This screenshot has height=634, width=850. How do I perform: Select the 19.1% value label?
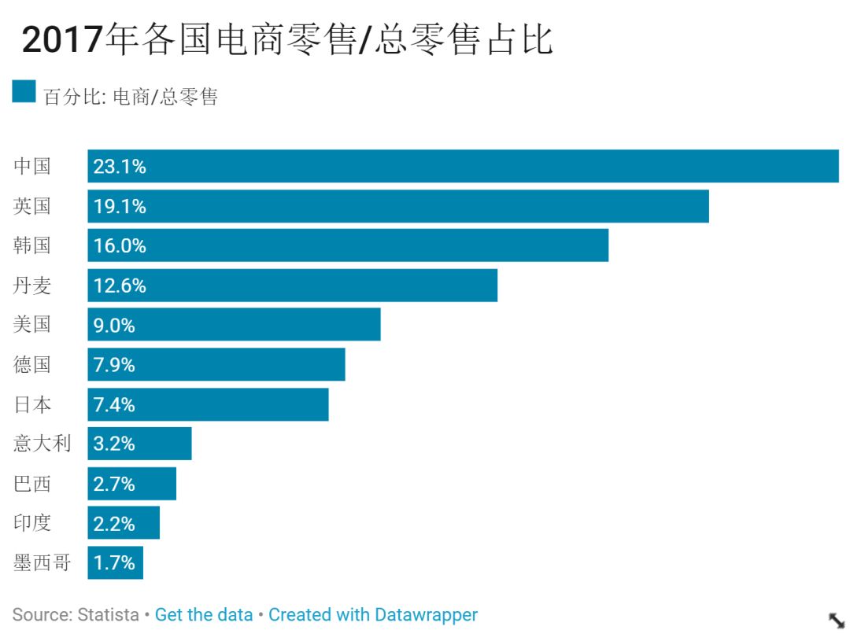[x=120, y=206]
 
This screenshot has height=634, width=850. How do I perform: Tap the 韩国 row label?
[x=32, y=245]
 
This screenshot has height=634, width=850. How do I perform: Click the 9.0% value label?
[x=114, y=325]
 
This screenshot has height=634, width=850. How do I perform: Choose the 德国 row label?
[x=32, y=365]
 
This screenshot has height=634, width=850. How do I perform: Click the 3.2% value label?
[x=114, y=444]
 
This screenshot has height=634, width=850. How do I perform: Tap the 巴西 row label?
[x=32, y=484]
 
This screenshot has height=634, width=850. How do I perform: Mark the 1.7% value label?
[x=114, y=562]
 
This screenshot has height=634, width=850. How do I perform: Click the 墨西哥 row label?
[x=42, y=562]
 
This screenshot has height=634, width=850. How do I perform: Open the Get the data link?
[x=204, y=614]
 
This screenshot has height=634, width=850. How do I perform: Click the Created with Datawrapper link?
[x=373, y=614]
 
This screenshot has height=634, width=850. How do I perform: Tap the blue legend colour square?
[x=24, y=91]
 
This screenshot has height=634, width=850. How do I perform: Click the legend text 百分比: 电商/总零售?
[x=131, y=97]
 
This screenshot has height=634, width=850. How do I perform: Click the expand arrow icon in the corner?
[x=837, y=619]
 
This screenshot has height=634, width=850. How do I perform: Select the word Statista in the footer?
[x=108, y=614]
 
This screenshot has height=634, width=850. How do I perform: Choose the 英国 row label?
[x=32, y=206]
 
